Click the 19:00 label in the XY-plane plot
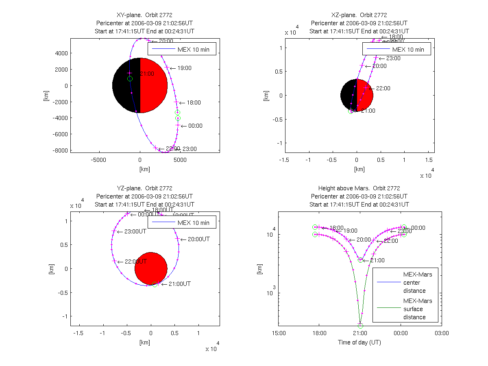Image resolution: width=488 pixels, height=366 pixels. [184, 68]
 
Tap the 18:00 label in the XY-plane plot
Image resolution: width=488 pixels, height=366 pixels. [194, 103]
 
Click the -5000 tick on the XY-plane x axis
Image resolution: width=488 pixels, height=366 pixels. [99, 160]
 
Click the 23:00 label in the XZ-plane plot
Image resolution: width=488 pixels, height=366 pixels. [392, 58]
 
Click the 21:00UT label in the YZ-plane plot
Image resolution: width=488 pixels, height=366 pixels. [179, 284]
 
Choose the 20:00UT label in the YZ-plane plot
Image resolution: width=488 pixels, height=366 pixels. [198, 239]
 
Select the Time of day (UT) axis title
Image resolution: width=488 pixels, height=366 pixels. [359, 342]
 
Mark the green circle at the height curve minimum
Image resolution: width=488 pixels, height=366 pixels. [360, 326]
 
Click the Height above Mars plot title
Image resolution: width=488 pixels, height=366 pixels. [359, 188]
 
